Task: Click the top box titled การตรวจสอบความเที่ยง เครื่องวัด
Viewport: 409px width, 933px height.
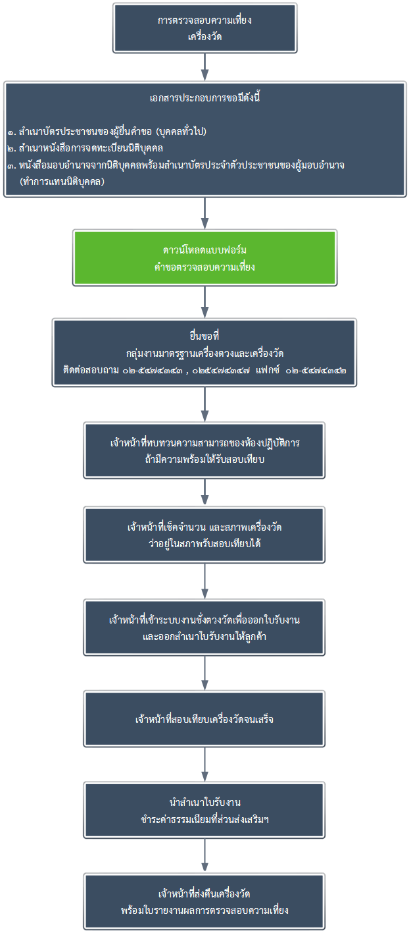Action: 204,28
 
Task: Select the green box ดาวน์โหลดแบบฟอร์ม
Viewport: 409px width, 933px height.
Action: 204,258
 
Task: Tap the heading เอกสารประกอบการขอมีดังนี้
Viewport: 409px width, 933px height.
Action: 204,98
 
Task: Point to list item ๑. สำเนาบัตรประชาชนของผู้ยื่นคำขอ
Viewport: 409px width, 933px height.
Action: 107,132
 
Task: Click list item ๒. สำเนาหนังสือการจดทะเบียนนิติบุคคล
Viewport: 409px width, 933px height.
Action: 85,148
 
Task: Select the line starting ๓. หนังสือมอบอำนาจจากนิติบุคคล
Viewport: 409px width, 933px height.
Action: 176,165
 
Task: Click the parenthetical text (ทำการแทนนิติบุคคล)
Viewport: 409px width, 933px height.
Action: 62,182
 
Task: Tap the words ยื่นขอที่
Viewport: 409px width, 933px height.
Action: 204,336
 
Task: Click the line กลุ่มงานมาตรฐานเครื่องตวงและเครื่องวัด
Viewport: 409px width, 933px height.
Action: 204,353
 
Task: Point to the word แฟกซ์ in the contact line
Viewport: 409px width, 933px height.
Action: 268,370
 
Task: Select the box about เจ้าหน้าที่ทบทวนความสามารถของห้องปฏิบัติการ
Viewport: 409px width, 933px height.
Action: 204,450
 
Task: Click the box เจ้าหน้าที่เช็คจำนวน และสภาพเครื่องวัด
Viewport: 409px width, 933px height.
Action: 204,535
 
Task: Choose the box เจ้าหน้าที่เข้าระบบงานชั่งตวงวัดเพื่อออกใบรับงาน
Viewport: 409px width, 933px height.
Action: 204,627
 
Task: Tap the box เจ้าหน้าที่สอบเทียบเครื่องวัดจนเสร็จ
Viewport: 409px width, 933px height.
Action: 204,719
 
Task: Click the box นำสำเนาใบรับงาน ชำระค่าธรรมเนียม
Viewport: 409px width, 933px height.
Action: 204,811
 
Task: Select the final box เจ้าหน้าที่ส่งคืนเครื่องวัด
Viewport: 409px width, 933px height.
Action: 204,902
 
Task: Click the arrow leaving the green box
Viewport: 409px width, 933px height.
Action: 204,302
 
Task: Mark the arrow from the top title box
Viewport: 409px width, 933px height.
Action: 204,67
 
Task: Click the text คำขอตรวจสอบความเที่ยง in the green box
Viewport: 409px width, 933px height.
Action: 204,267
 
